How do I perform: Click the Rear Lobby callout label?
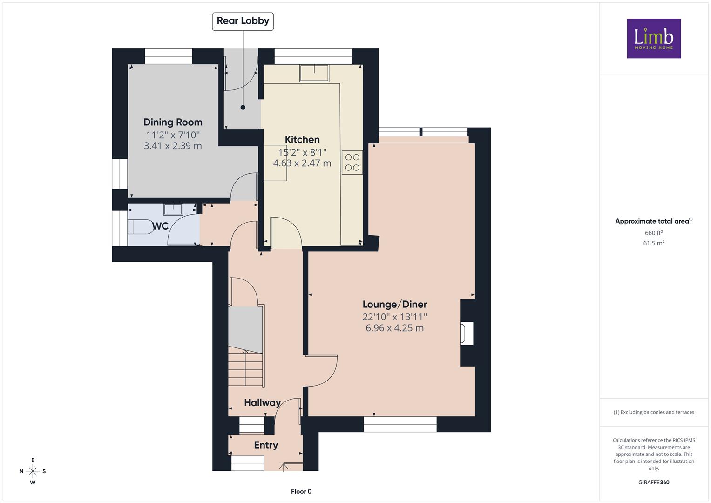[x=243, y=21]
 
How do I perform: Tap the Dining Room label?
[x=173, y=122]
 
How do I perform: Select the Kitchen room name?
[x=302, y=139]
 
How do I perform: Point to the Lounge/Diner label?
[x=395, y=305]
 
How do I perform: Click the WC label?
[x=161, y=226]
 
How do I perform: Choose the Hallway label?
[x=262, y=403]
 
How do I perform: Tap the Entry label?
[x=266, y=445]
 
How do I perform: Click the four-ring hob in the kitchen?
[x=352, y=162]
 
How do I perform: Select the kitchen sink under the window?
[x=314, y=74]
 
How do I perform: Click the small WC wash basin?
[x=173, y=209]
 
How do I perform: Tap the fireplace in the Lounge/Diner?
[x=467, y=333]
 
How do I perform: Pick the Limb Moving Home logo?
[x=654, y=38]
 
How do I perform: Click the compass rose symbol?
[x=33, y=471]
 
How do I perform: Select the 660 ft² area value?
[x=654, y=233]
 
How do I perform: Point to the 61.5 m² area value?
[x=654, y=243]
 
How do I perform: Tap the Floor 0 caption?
[x=301, y=491]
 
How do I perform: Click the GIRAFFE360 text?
[x=654, y=483]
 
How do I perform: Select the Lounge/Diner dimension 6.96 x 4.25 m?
[x=394, y=328]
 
